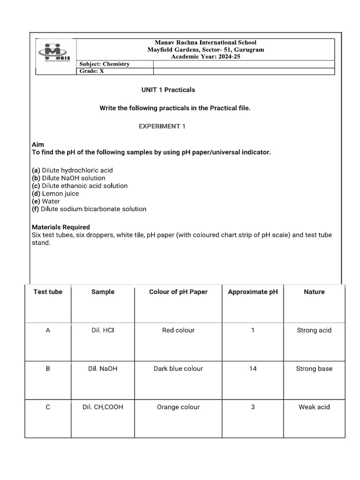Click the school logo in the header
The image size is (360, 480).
[55, 53]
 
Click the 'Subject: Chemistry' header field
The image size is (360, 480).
[105, 64]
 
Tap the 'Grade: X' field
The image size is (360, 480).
[92, 71]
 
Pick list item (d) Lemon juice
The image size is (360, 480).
[55, 194]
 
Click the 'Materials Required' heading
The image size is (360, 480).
[60, 227]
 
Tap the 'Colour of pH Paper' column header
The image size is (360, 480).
[178, 292]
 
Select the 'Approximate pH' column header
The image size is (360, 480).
[253, 292]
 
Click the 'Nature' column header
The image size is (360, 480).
[314, 292]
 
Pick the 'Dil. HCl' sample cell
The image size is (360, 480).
[103, 330]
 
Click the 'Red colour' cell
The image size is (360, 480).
[178, 330]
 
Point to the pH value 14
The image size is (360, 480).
[253, 368]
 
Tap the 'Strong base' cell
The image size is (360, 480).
[314, 368]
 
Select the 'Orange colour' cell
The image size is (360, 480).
[178, 407]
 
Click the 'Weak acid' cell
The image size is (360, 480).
[314, 407]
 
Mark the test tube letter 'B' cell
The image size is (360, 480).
[48, 368]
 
